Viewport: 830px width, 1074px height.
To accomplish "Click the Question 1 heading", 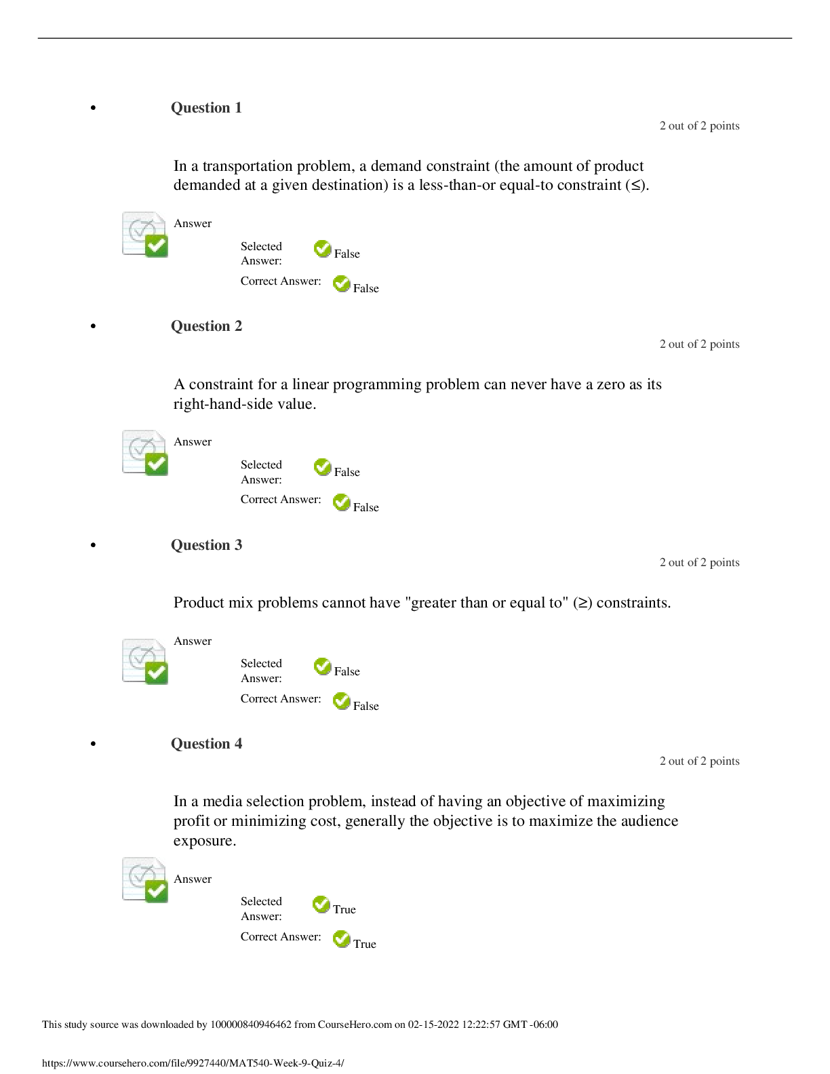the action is click(206, 108).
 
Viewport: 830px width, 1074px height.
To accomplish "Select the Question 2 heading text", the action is click(206, 326).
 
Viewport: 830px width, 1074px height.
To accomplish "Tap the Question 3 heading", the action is click(206, 545).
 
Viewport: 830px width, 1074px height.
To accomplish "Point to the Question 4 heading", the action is click(206, 744).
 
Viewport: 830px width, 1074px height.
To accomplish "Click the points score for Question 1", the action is click(699, 125).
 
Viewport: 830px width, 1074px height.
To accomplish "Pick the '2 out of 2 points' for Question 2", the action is click(699, 344).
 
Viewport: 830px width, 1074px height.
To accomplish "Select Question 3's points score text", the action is click(699, 562).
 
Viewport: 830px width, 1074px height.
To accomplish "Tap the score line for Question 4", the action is click(699, 761).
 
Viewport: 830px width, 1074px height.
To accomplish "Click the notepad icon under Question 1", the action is click(145, 235).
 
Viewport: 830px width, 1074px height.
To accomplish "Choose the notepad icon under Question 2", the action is click(145, 453).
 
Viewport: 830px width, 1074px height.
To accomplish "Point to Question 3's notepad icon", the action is click(145, 662).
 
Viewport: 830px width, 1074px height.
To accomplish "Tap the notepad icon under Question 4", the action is click(145, 880).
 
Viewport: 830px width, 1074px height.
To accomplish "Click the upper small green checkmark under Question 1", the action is click(322, 248).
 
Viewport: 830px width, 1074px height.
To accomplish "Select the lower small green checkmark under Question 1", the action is click(341, 283).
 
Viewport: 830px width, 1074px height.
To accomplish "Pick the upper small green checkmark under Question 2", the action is click(322, 466).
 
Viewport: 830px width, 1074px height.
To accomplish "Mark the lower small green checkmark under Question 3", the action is click(341, 700).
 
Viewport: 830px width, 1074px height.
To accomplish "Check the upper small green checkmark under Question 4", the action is click(321, 904).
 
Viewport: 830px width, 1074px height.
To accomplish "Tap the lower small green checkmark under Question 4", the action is click(341, 938).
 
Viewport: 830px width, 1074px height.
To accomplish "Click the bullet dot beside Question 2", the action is click(93, 326).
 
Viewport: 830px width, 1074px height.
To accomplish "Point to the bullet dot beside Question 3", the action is click(93, 545).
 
